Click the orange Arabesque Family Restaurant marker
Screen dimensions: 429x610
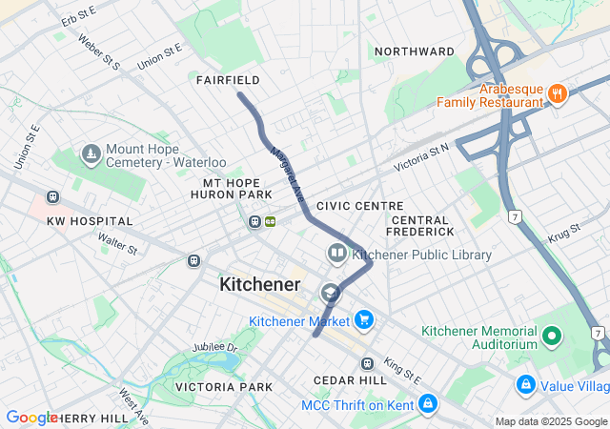pos(558,92)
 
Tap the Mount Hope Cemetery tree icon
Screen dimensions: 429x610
pos(91,153)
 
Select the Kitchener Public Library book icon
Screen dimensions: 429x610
pos(336,254)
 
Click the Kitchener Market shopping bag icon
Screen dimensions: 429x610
pos(362,321)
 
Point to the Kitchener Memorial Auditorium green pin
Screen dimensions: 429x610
pos(551,336)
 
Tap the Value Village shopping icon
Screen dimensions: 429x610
pos(524,385)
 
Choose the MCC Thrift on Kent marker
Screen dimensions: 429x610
pos(427,404)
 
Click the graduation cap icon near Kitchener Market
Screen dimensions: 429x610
pos(330,293)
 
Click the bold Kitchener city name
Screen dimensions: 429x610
pos(260,284)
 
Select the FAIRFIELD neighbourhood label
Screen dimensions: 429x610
pos(228,80)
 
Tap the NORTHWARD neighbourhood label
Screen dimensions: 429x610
pos(414,51)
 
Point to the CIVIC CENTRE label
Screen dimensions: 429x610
pos(359,205)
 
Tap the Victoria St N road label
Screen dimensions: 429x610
pos(420,158)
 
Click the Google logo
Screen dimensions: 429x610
pos(31,418)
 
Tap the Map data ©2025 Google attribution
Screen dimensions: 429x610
pos(551,421)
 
